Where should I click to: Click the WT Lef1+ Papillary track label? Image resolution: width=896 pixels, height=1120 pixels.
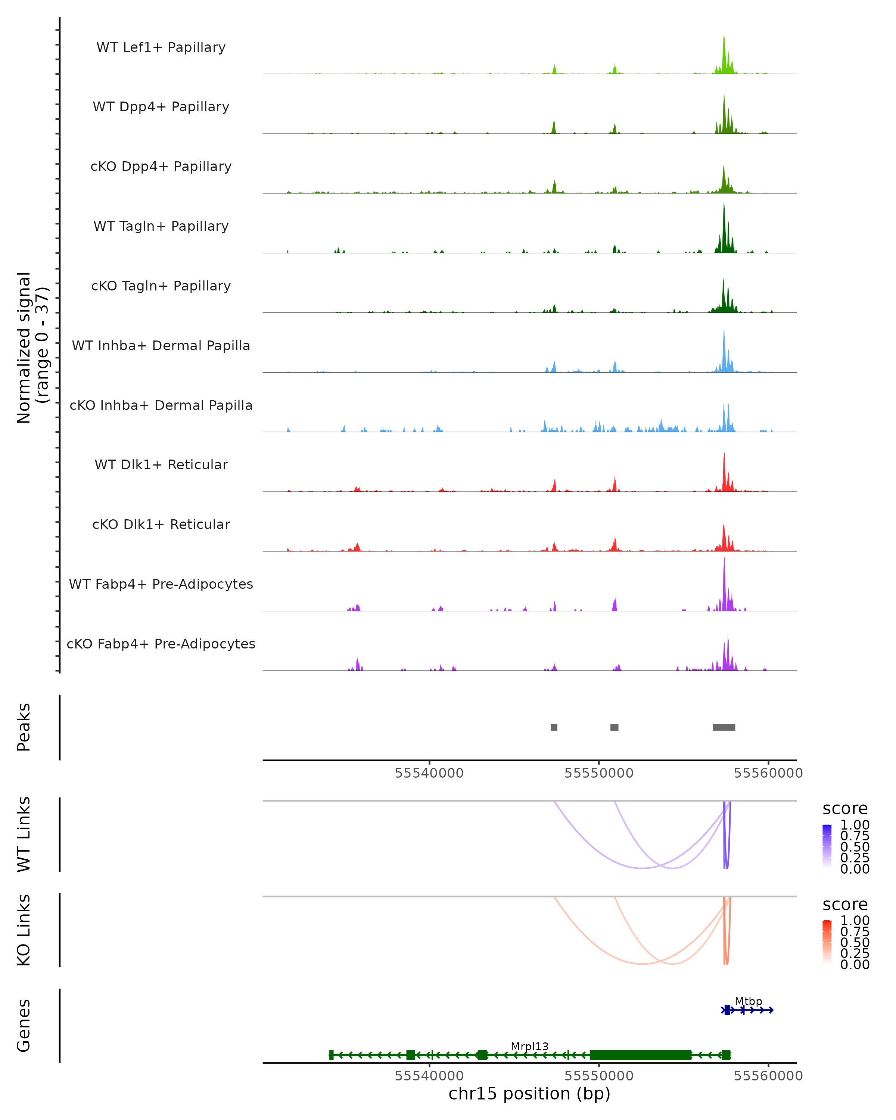(x=161, y=47)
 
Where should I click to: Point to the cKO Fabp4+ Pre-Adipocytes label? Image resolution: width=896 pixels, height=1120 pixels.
(x=161, y=644)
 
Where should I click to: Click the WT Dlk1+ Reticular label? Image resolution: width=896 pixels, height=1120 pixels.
(x=161, y=465)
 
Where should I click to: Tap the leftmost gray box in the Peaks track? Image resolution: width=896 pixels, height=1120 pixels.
(x=554, y=727)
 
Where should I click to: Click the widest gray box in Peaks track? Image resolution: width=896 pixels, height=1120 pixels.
(x=724, y=727)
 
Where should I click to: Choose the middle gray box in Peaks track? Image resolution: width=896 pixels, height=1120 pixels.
(x=614, y=727)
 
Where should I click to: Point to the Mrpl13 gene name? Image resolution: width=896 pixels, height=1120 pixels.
(x=529, y=1046)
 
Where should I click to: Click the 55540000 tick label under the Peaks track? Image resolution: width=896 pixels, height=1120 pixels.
(x=429, y=773)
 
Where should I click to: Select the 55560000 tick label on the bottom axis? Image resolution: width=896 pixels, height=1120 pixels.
(x=768, y=1076)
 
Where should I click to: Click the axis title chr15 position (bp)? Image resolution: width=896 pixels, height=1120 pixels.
(x=529, y=1094)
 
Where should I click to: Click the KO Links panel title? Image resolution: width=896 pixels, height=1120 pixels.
(x=24, y=930)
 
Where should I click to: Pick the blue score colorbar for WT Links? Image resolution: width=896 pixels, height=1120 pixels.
(x=827, y=846)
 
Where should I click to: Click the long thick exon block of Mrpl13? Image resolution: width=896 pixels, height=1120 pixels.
(x=640, y=1055)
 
